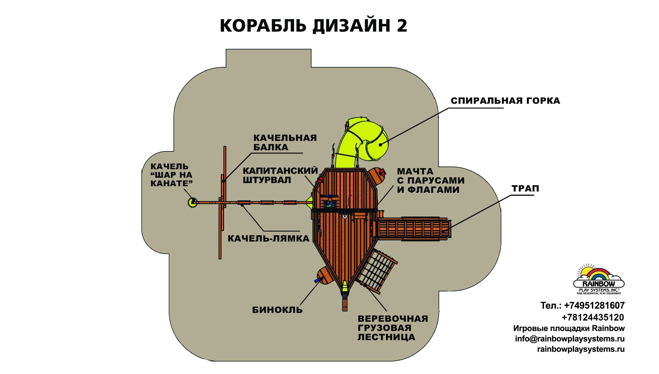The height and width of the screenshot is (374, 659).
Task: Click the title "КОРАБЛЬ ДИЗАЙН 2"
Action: point(313,26)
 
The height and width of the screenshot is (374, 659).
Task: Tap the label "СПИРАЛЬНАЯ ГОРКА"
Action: point(505,101)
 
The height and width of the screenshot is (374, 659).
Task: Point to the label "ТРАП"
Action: point(525,188)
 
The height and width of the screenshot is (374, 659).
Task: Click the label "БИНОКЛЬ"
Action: point(277,310)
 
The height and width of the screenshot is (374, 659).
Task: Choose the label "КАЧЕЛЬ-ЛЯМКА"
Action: point(268,238)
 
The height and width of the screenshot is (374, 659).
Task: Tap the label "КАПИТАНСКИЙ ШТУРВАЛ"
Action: point(280,175)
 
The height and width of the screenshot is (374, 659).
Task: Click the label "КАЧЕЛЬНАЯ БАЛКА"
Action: point(285,142)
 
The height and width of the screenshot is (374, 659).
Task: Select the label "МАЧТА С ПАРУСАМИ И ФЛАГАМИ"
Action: point(430,180)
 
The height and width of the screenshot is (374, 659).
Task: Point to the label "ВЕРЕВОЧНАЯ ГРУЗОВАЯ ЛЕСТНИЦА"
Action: point(393,328)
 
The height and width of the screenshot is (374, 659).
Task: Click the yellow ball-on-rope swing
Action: point(192,202)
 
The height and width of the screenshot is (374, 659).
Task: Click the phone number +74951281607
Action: point(594,306)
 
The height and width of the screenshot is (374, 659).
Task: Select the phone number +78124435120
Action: point(593,317)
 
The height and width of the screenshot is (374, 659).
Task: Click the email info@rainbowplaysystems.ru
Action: point(570,339)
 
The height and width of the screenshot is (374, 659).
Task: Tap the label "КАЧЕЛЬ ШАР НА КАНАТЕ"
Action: point(171,175)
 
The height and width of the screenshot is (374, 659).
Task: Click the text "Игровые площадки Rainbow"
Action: point(569,328)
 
